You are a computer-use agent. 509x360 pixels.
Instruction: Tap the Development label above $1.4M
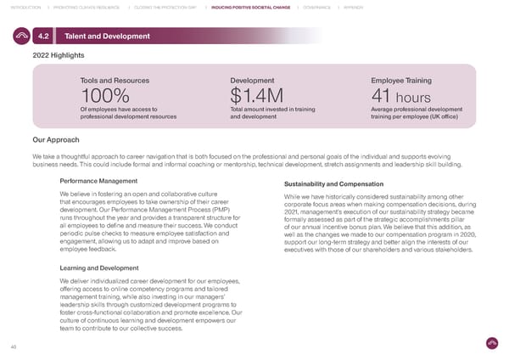(x=251, y=81)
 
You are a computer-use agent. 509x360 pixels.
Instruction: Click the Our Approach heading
(x=56, y=140)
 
